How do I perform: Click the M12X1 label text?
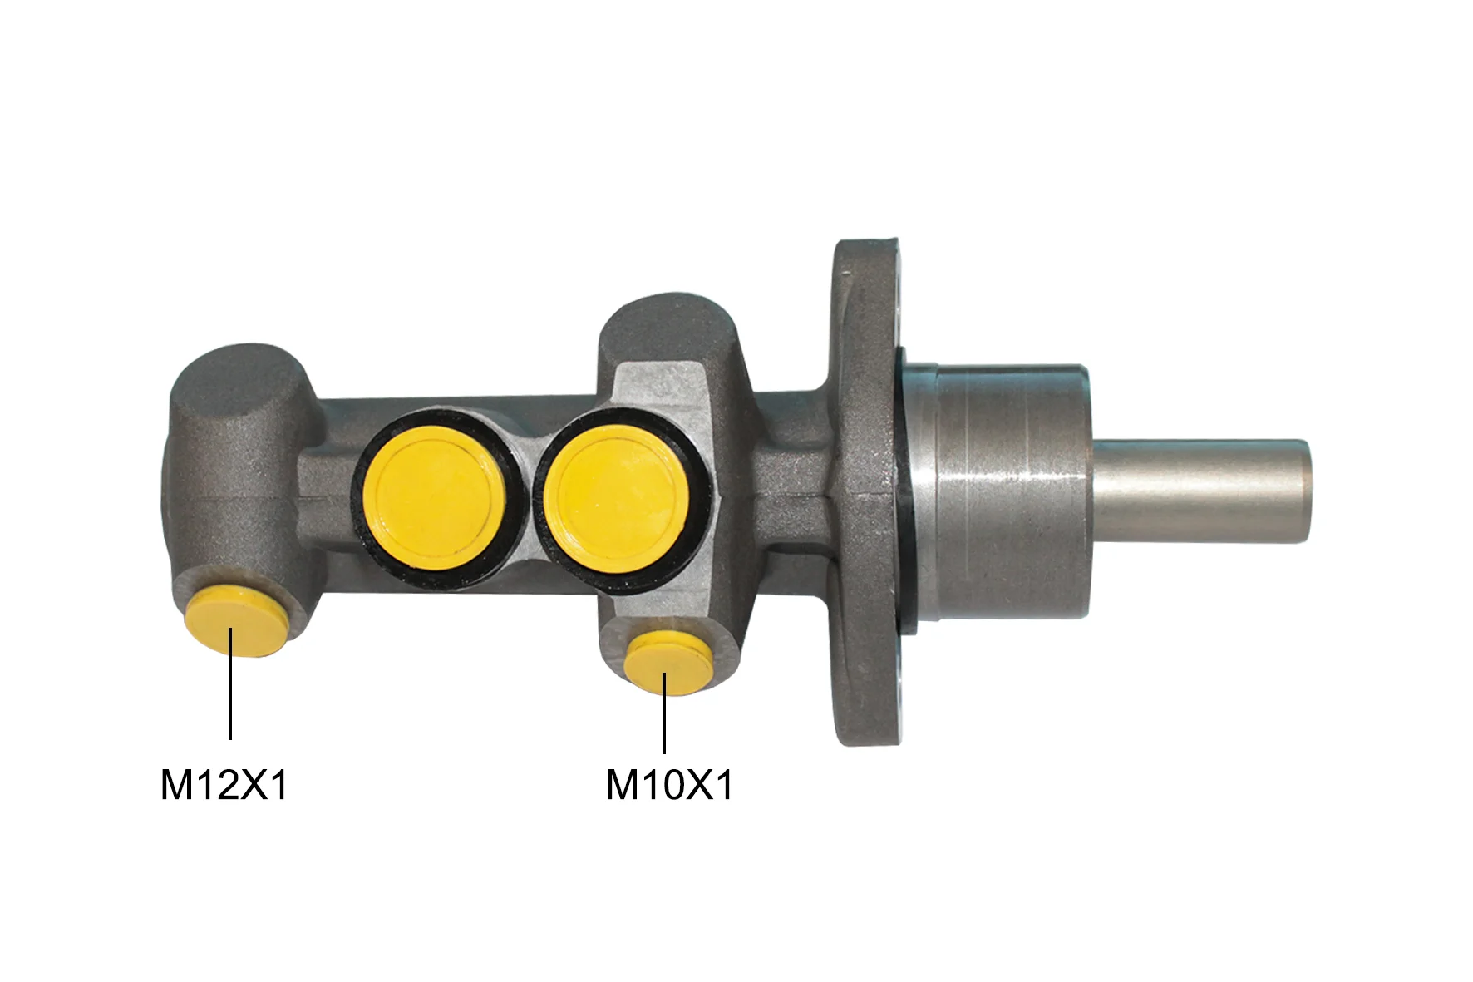pos(224,785)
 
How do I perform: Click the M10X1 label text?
pos(669,785)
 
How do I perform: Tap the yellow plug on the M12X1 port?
pos(237,620)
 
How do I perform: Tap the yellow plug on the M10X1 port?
pos(670,663)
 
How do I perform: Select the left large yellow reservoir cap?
pos(438,499)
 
